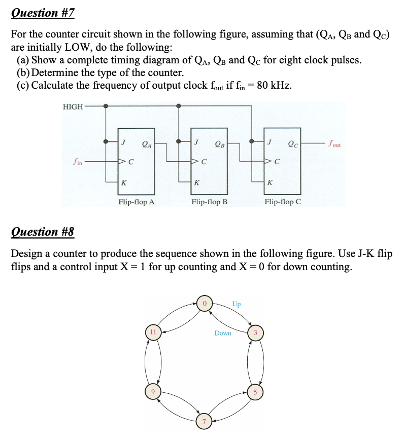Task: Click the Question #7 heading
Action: [43, 13]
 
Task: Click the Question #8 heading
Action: [43, 232]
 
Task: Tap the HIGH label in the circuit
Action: [73, 106]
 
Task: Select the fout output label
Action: [335, 143]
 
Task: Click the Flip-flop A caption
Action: [137, 202]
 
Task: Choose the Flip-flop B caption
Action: [209, 202]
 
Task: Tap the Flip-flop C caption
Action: [283, 202]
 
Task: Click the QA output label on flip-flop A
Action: [146, 143]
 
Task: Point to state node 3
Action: [256, 333]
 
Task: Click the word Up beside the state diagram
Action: [237, 304]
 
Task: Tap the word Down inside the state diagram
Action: [223, 333]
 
